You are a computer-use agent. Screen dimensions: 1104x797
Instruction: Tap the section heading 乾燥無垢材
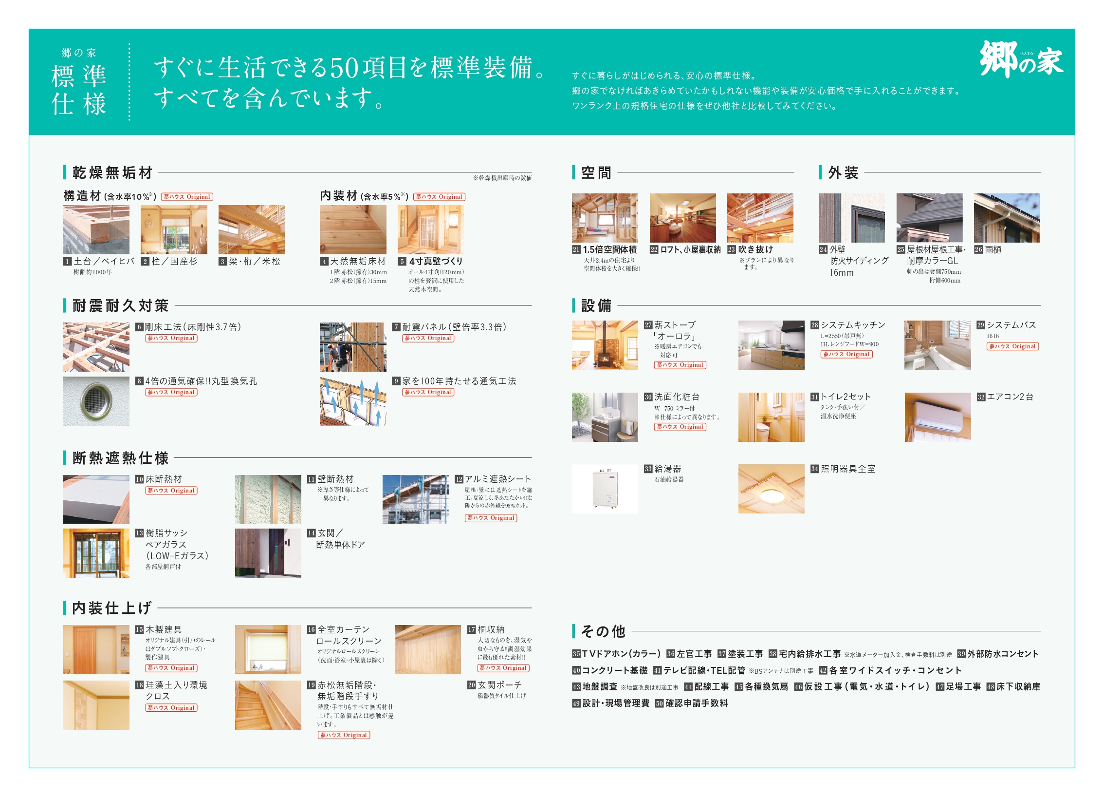pyautogui.click(x=112, y=172)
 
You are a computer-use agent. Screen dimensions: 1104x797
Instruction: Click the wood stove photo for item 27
pyautogui.click(x=605, y=345)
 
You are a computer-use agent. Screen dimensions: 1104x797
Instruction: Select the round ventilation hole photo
pyautogui.click(x=96, y=401)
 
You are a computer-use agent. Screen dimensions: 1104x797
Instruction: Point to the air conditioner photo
pyautogui.click(x=938, y=417)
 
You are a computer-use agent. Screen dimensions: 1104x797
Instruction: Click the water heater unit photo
pyautogui.click(x=605, y=489)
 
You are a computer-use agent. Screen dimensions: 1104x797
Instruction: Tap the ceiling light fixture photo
pyautogui.click(x=771, y=489)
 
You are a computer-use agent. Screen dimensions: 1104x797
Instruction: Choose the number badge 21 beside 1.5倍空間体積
pyautogui.click(x=576, y=250)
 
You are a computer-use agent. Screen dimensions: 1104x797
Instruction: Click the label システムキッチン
pyautogui.click(x=853, y=325)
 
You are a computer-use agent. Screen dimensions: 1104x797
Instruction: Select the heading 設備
pyautogui.click(x=596, y=306)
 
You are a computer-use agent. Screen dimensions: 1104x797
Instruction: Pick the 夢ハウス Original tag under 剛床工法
pyautogui.click(x=171, y=338)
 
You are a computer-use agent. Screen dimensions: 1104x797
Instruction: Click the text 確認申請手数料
pyautogui.click(x=697, y=703)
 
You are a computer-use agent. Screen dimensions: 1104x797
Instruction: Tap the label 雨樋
pyautogui.click(x=993, y=249)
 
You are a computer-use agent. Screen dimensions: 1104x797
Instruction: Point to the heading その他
pyautogui.click(x=603, y=631)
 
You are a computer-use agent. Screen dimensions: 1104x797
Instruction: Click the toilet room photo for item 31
pyautogui.click(x=771, y=417)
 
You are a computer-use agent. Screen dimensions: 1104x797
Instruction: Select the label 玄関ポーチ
pyautogui.click(x=499, y=685)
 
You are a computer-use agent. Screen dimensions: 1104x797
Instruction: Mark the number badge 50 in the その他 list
pyautogui.click(x=660, y=703)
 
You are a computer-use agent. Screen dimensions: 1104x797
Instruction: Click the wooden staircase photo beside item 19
pyautogui.click(x=268, y=705)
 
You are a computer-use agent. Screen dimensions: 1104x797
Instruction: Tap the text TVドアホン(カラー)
pyautogui.click(x=622, y=654)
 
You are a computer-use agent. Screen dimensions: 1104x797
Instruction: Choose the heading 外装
pyautogui.click(x=844, y=172)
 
